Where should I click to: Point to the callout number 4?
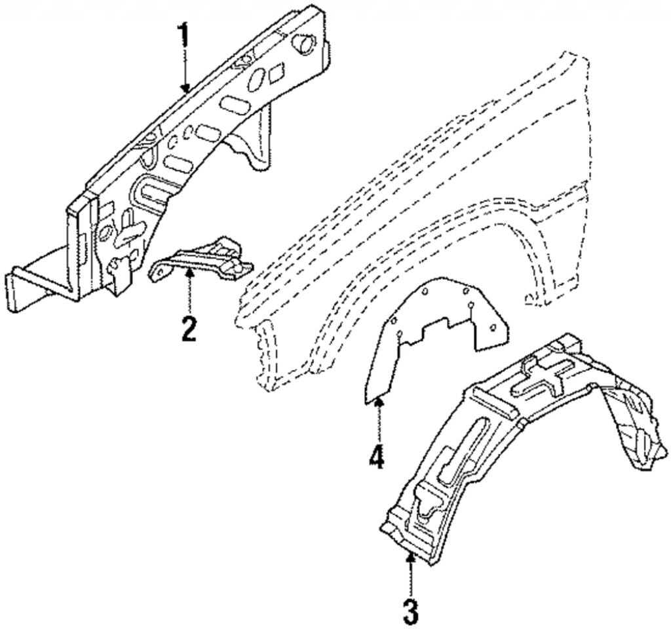pos(376,457)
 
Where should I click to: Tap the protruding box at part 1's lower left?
pos(39,282)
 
